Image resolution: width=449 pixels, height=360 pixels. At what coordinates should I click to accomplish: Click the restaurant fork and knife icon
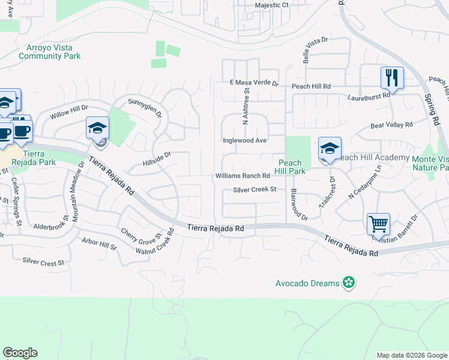391,77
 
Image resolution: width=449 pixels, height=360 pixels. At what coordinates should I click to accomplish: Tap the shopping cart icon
378,224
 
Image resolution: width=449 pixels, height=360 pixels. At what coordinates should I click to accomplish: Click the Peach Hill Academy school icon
330,148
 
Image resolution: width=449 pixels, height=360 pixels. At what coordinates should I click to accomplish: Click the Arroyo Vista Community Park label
50,52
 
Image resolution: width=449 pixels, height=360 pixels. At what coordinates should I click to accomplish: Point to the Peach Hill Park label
289,167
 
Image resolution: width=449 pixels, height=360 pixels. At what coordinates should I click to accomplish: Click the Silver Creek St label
255,190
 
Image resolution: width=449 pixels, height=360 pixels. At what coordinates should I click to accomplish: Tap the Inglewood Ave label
244,140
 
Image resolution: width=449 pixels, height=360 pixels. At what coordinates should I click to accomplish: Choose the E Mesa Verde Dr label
254,83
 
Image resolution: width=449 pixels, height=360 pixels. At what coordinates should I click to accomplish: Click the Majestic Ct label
272,5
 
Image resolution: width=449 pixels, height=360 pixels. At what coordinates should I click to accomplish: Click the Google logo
20,353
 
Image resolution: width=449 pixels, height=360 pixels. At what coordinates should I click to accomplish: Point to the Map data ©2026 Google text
411,355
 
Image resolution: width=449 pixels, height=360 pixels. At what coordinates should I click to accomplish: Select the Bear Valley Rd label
392,125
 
